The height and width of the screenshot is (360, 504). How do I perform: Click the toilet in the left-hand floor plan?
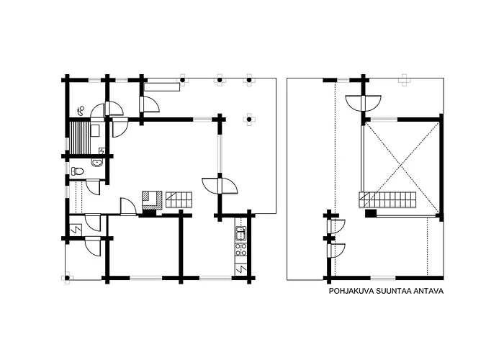pyautogui.click(x=78, y=171)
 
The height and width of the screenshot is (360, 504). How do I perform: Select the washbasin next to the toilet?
pyautogui.click(x=96, y=163)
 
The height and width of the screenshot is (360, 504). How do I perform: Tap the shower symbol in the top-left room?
pyautogui.click(x=81, y=109)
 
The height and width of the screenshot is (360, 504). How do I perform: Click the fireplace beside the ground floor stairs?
pyautogui.click(x=151, y=199)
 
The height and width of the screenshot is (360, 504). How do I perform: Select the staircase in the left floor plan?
pyautogui.click(x=179, y=199)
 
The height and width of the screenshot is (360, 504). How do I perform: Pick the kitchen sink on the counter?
pyautogui.click(x=241, y=233)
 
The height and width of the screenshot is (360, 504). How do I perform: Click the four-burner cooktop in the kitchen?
pyautogui.click(x=241, y=249)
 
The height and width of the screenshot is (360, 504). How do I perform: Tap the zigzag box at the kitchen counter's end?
pyautogui.click(x=241, y=269)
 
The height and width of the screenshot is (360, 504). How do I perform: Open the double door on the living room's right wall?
pyautogui.click(x=220, y=186)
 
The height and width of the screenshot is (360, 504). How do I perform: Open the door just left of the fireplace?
pyautogui.click(x=129, y=207)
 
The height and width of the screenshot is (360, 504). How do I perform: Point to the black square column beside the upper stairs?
pyautogui.click(x=370, y=212)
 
